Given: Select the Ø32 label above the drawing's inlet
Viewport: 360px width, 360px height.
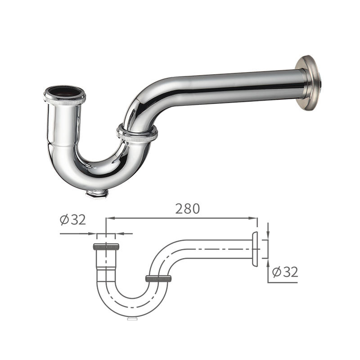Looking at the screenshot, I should pos(72,220).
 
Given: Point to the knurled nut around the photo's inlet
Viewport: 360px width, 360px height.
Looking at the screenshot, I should pos(65,99).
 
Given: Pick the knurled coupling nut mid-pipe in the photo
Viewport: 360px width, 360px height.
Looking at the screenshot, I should pos(137,134).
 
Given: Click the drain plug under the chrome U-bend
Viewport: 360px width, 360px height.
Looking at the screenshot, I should pos(96,193).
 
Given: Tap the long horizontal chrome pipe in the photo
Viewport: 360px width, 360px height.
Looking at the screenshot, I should pos(234,86).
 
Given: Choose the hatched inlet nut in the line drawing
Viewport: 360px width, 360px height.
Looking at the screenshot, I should pos(106,247).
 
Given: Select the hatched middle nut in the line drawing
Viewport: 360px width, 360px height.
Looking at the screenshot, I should pos(158,279).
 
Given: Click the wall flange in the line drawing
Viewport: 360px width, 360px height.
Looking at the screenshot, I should pos(255,249).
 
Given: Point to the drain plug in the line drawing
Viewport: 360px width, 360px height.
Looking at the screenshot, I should pos(132,319).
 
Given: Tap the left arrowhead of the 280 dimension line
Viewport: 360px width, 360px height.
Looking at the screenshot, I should pos(108,219).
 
